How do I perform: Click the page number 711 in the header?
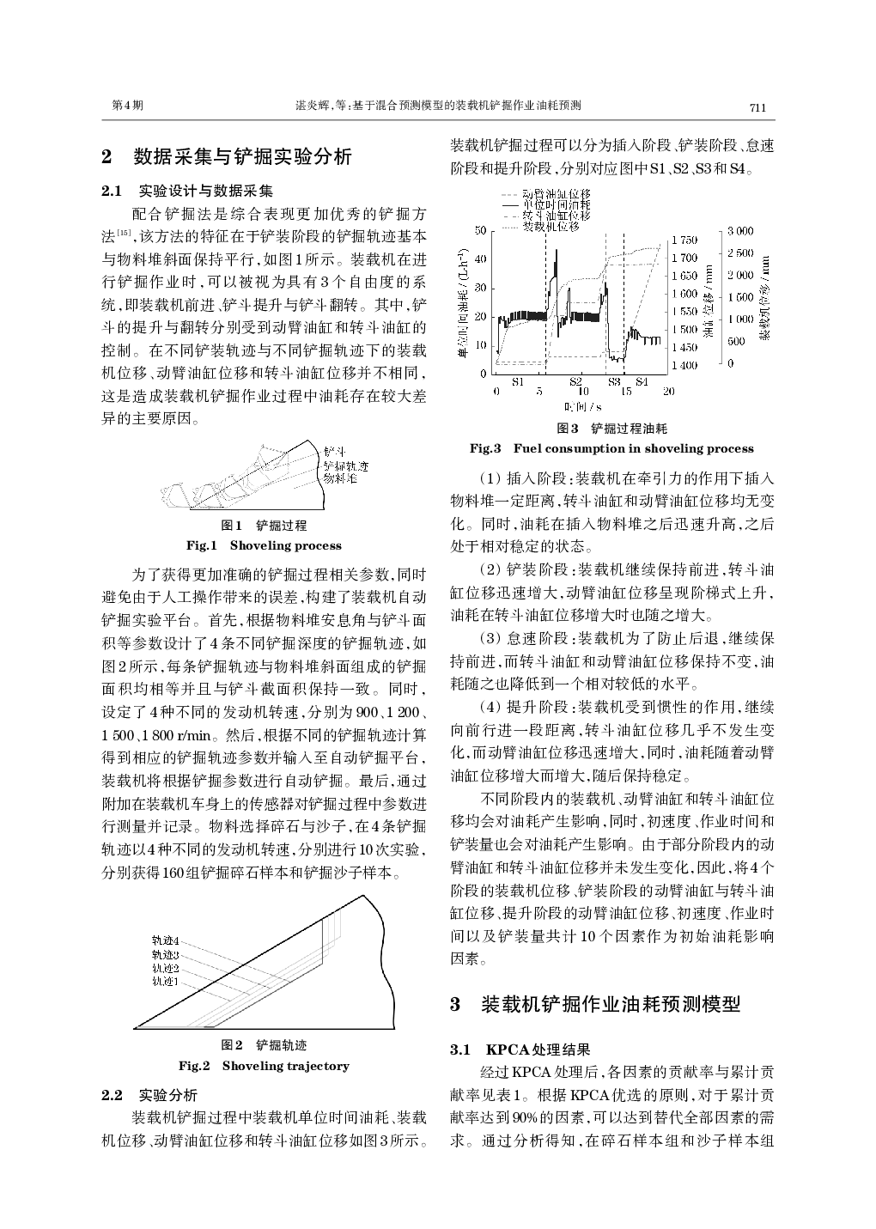(x=757, y=107)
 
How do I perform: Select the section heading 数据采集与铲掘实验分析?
(x=243, y=157)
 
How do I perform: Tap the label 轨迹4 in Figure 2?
(x=165, y=941)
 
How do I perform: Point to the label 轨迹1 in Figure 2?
(x=165, y=980)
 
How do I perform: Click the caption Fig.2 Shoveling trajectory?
(x=264, y=1066)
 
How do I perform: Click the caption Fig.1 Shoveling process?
(x=264, y=545)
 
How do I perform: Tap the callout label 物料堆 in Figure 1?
(x=340, y=477)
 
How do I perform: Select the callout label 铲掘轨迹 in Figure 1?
(x=345, y=465)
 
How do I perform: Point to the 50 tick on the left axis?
(x=481, y=230)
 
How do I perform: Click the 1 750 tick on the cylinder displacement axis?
(x=684, y=240)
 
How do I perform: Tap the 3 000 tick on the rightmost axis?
(x=740, y=231)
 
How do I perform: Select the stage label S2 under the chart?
(x=575, y=380)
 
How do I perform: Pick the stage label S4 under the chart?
(x=642, y=380)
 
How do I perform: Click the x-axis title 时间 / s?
(x=583, y=406)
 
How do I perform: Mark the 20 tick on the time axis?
(x=668, y=392)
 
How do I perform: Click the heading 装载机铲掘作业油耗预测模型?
(x=610, y=1004)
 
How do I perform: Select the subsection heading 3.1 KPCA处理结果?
(x=521, y=1050)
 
